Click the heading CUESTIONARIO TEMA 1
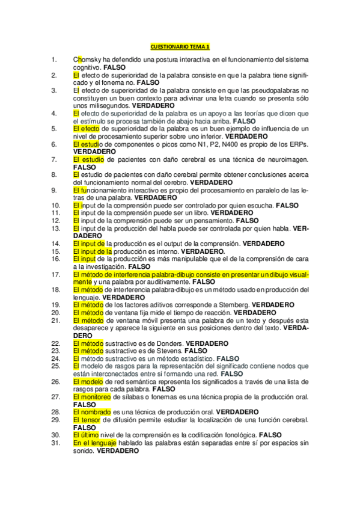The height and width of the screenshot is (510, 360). pos(180,46)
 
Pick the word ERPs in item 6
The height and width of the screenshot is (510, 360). pos(299,144)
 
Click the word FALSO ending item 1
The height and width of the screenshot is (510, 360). pos(114,67)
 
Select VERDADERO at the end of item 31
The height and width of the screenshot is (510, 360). pos(118,450)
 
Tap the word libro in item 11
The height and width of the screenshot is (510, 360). pos(199,212)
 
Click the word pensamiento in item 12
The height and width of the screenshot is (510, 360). pos(215,220)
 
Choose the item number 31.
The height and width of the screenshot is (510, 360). pos(55,442)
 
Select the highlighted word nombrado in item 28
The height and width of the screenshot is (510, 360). pos(91,412)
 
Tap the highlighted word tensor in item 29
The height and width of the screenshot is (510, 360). pos(90,420)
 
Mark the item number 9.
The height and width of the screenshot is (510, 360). pos(55,190)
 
